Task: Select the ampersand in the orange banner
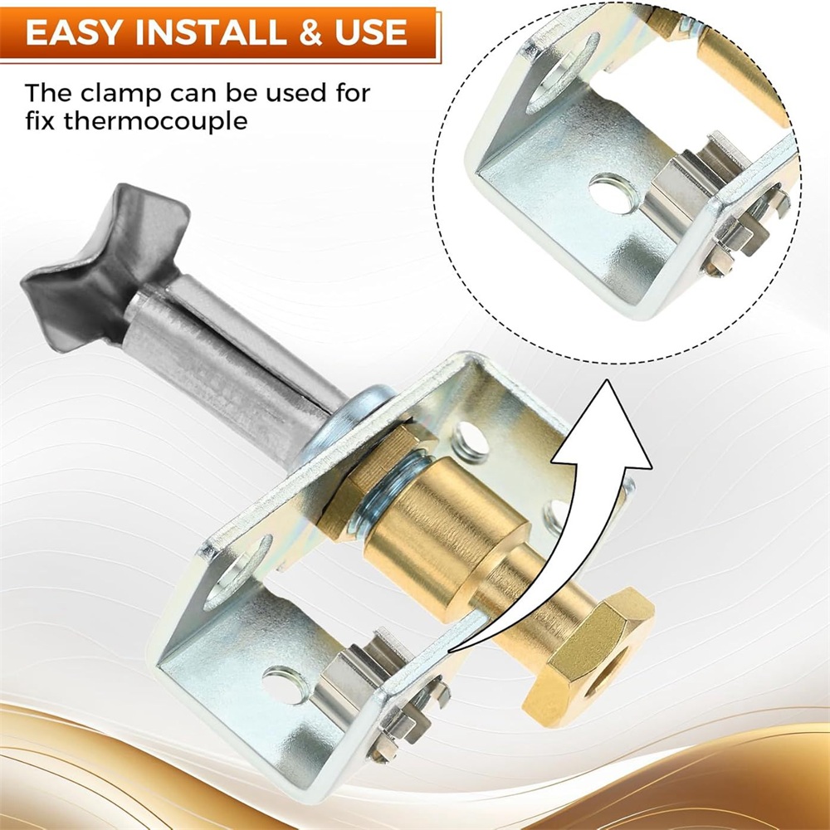coord(310,32)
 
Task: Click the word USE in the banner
coord(370,32)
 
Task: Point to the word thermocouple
coord(156,122)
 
